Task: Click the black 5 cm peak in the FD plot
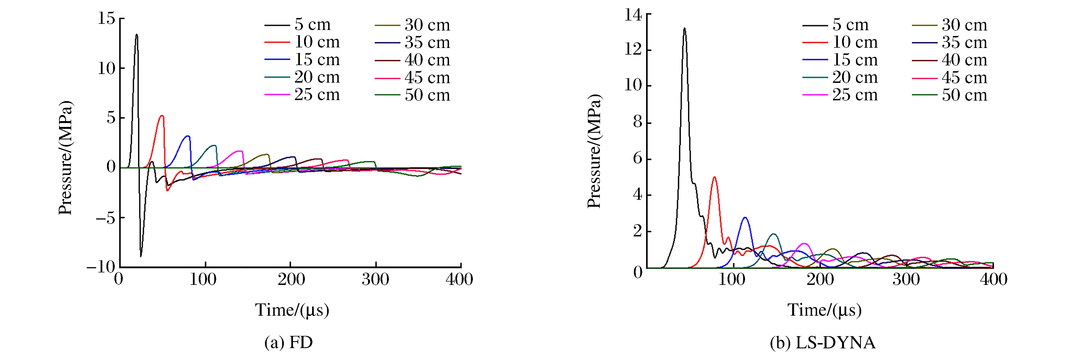(x=137, y=35)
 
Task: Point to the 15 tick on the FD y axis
(x=106, y=19)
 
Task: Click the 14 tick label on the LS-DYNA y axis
(x=633, y=15)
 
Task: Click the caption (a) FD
(x=289, y=343)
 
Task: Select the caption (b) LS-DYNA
(x=822, y=343)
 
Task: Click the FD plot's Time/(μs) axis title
(x=292, y=310)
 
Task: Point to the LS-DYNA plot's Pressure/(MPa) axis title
(x=594, y=151)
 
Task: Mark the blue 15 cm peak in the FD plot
(x=188, y=136)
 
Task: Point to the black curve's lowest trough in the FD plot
(x=141, y=256)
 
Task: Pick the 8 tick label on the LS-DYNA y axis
(x=638, y=122)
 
